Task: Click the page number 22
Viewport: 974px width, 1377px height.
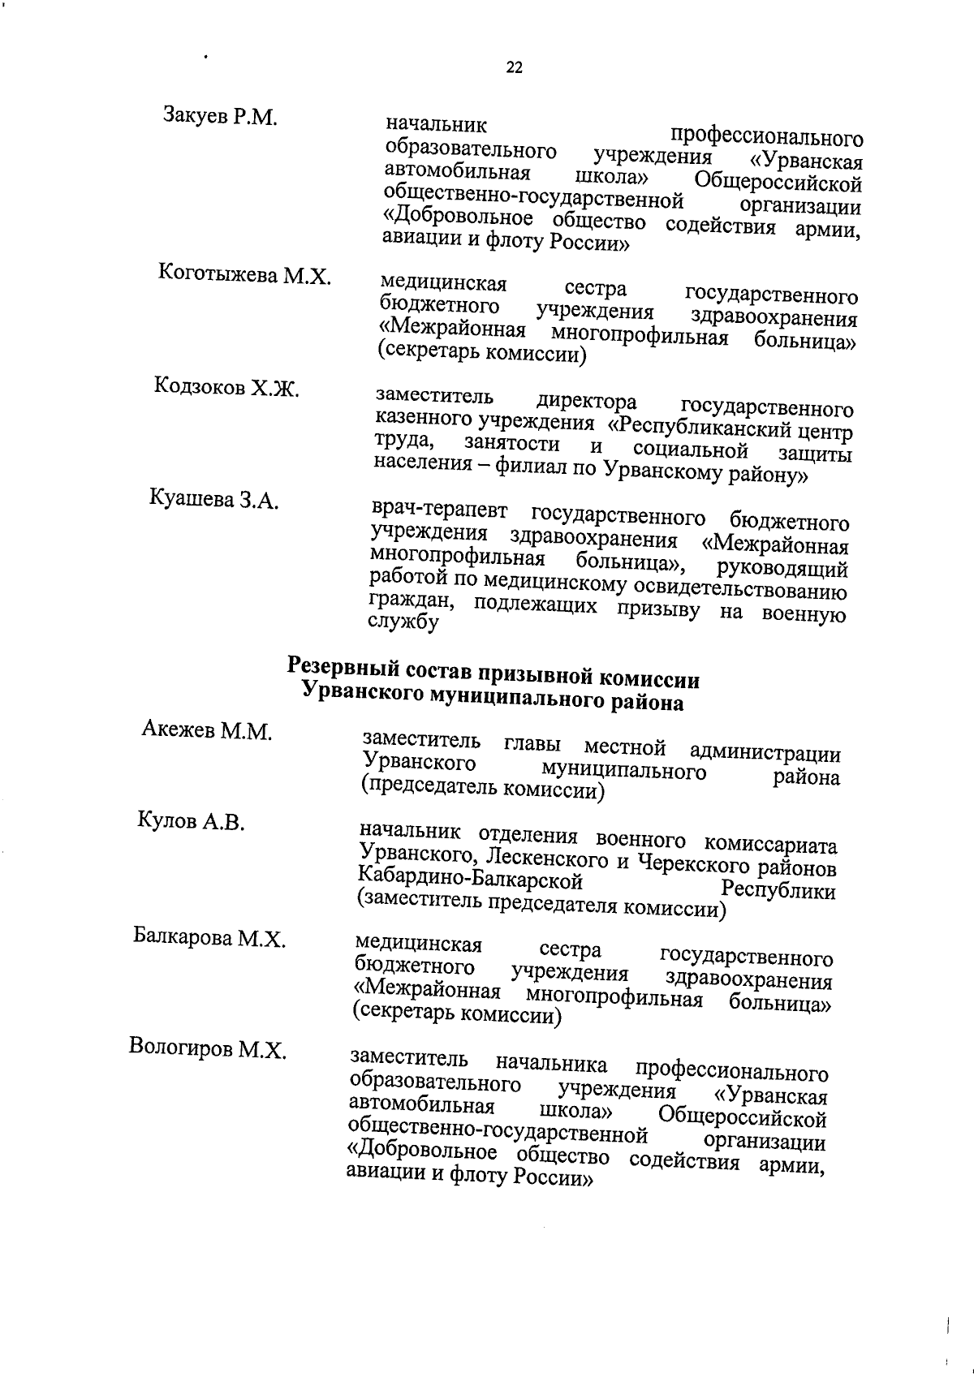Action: click(x=515, y=68)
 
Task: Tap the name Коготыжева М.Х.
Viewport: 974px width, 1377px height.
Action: click(x=244, y=275)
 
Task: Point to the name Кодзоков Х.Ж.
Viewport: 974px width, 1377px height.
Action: click(x=226, y=387)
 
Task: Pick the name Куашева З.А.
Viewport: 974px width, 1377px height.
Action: click(x=214, y=499)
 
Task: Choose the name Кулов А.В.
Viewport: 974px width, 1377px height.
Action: click(x=191, y=822)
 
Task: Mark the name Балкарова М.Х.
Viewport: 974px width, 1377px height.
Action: click(x=209, y=938)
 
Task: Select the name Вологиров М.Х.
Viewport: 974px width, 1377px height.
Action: click(x=208, y=1049)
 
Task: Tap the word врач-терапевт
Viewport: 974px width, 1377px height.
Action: click(x=439, y=512)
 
